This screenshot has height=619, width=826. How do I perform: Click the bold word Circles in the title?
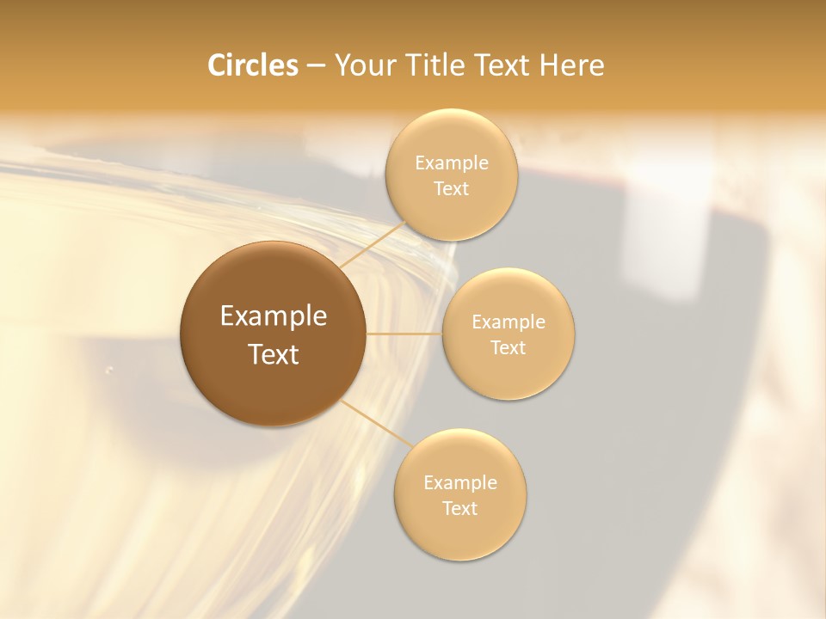point(253,65)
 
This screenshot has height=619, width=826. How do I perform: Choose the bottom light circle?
point(460,533)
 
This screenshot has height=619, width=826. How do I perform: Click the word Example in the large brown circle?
point(274,316)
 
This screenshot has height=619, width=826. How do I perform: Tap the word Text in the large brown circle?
point(274,354)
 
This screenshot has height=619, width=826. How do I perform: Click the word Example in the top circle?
point(452,163)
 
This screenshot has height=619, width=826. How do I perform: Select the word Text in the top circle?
point(452,189)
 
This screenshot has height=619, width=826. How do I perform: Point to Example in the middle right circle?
point(509,322)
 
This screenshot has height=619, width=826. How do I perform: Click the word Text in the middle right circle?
point(509,348)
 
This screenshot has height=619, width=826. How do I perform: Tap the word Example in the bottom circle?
point(460,483)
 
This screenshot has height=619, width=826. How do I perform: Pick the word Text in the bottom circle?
point(460,509)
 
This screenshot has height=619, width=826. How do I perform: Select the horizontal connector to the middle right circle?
point(404,334)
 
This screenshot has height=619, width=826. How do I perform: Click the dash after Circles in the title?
point(316,66)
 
